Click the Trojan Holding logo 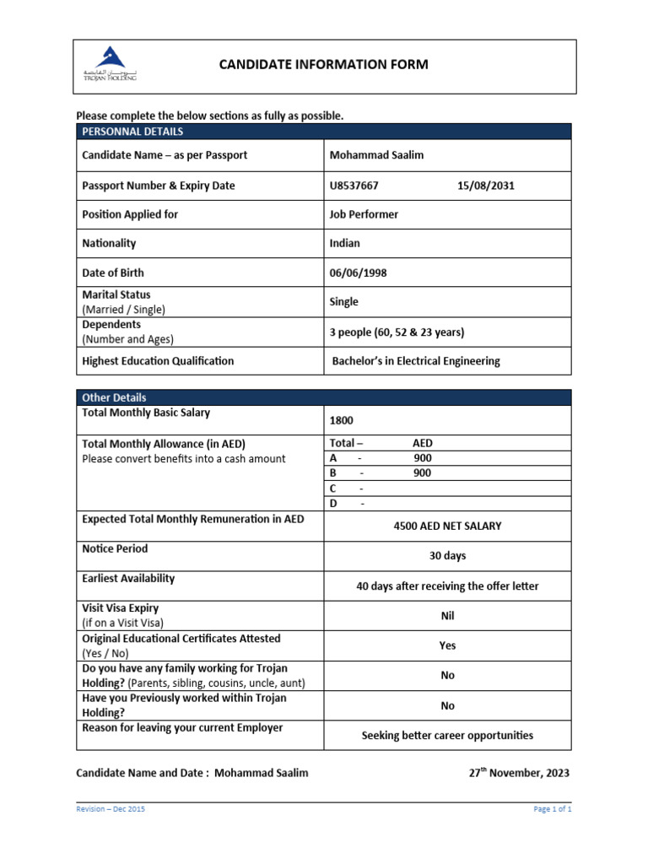110,64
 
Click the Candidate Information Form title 324,64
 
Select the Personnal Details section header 132,132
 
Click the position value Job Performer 363,214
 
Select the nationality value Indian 344,243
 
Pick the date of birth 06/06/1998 359,273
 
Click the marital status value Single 343,301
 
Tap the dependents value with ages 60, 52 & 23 397,332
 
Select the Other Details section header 114,397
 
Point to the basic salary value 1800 341,420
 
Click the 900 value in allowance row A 422,458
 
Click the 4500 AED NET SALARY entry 447,526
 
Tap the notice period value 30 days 447,556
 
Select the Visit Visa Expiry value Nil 447,616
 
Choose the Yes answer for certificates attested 447,645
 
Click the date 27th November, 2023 519,773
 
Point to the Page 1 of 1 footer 553,809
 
